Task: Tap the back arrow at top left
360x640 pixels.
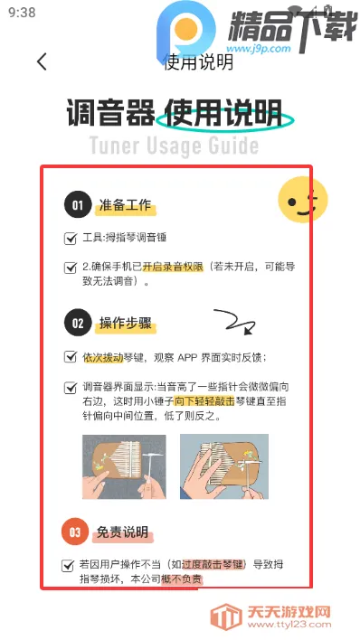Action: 42,61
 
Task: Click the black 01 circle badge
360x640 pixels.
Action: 78,205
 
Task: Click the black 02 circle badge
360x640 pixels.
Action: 78,324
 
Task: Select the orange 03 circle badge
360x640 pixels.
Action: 75,532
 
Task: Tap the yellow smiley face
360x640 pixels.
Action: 303,200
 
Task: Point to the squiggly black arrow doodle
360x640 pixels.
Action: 235,321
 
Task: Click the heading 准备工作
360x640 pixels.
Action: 125,205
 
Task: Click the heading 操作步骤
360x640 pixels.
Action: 125,324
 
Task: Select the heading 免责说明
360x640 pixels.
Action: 122,532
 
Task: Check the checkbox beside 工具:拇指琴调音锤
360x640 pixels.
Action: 71,239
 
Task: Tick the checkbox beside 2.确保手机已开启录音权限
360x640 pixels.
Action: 71,268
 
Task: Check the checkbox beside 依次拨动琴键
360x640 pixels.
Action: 71,357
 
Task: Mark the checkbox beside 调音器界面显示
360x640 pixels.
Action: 71,388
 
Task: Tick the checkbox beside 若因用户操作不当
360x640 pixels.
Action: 68,566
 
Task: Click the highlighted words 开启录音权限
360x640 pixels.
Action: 173,267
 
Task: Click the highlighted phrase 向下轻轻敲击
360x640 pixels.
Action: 204,401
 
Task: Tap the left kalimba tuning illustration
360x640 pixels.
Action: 124,466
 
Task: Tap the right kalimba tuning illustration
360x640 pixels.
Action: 224,466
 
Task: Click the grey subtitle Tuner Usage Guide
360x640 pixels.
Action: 174,146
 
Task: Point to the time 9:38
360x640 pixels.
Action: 22,13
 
